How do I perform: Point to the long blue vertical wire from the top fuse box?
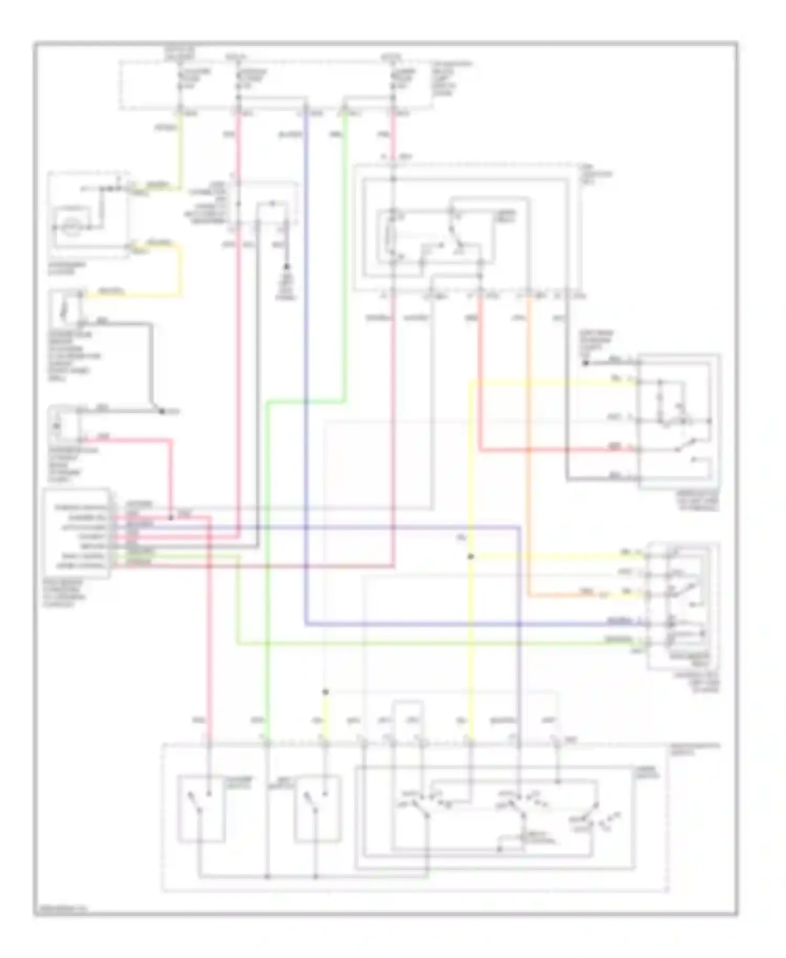click(306, 367)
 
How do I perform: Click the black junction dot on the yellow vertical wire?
click(471, 557)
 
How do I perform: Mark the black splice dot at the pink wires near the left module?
click(171, 518)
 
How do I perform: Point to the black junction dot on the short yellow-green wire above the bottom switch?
click(325, 692)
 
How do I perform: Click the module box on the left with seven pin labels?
click(77, 533)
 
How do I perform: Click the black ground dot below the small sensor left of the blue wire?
click(287, 267)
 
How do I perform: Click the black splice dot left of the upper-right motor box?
click(585, 362)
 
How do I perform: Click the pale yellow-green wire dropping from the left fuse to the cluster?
click(181, 152)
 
